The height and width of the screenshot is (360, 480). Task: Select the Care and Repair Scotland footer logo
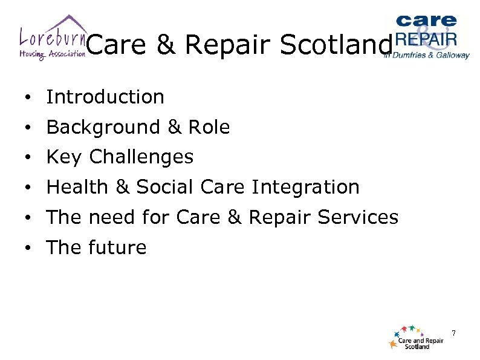pyautogui.click(x=417, y=338)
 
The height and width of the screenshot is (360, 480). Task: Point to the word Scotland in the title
pyautogui.click(x=339, y=45)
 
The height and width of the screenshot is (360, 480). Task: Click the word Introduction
pyautogui.click(x=105, y=97)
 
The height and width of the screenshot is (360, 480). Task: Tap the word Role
pyautogui.click(x=209, y=127)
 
